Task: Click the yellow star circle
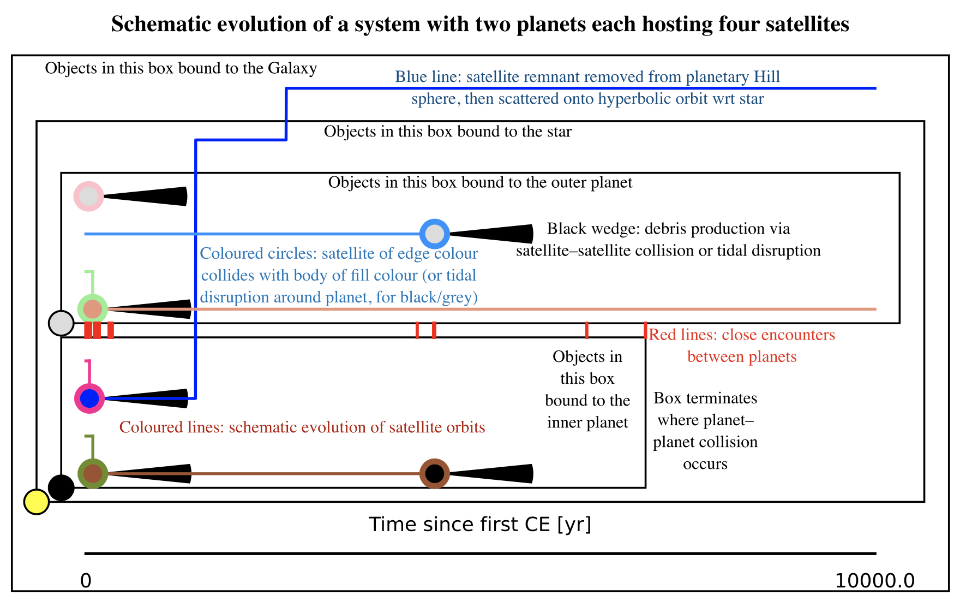(x=37, y=502)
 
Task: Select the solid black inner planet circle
(x=61, y=487)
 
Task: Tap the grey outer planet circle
(x=61, y=323)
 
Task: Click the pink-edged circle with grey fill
(x=88, y=196)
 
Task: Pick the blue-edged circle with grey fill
(x=435, y=234)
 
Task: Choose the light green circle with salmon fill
(x=93, y=309)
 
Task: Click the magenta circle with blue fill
(x=89, y=398)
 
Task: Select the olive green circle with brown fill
(x=93, y=473)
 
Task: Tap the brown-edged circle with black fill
(x=435, y=473)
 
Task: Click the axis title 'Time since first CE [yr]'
(x=480, y=525)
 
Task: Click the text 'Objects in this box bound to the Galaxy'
(x=181, y=69)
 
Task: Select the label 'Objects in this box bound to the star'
(x=447, y=132)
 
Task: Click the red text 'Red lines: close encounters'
(x=742, y=335)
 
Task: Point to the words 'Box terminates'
(x=705, y=398)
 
